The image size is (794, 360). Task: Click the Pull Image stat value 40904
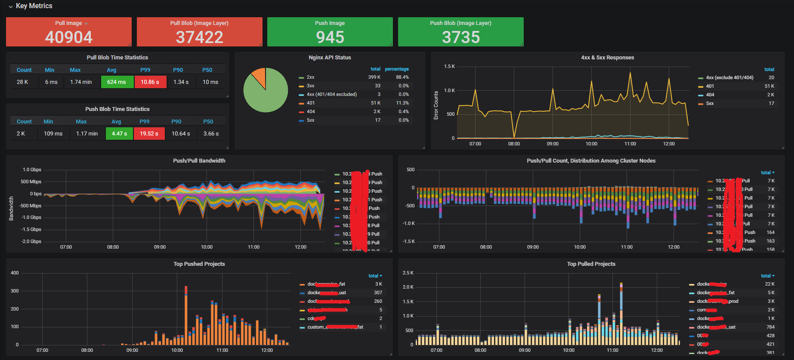pyautogui.click(x=69, y=37)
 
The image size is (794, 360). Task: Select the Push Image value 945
pyautogui.click(x=330, y=37)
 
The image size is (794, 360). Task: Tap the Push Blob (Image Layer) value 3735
pyautogui.click(x=461, y=37)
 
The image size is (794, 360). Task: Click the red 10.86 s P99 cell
pyautogui.click(x=150, y=82)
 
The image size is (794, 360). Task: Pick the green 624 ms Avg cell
pyautogui.click(x=117, y=82)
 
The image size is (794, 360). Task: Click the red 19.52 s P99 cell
pyautogui.click(x=149, y=133)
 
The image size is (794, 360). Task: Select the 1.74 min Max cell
pyautogui.click(x=81, y=82)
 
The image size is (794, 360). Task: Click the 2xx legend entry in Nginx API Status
pyautogui.click(x=310, y=77)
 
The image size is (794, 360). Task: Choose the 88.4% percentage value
pyautogui.click(x=402, y=77)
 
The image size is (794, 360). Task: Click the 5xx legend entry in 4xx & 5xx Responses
pyautogui.click(x=710, y=103)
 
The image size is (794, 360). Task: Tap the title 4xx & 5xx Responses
pyautogui.click(x=607, y=58)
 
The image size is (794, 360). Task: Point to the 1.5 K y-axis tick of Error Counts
pyautogui.click(x=449, y=67)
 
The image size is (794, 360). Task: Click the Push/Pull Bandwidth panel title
pyautogui.click(x=199, y=161)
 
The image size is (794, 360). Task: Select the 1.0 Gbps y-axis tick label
pyautogui.click(x=32, y=170)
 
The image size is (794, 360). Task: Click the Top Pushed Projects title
pyautogui.click(x=199, y=264)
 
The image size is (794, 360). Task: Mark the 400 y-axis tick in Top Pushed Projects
pyautogui.click(x=15, y=273)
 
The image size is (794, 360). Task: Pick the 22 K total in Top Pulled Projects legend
pyautogui.click(x=769, y=284)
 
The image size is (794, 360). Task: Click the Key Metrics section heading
pyautogui.click(x=34, y=6)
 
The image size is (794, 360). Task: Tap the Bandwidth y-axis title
pyautogui.click(x=11, y=209)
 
